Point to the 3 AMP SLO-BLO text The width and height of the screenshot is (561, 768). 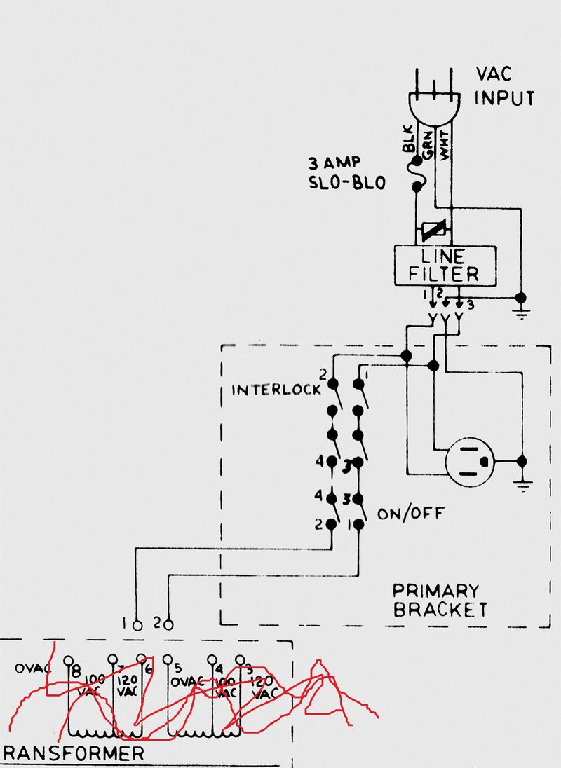click(x=346, y=174)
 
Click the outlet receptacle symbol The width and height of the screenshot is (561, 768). click(x=471, y=462)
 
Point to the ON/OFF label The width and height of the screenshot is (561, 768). click(x=410, y=514)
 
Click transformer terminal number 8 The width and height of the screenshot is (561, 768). click(x=68, y=661)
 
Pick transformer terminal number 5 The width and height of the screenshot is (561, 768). click(x=168, y=660)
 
